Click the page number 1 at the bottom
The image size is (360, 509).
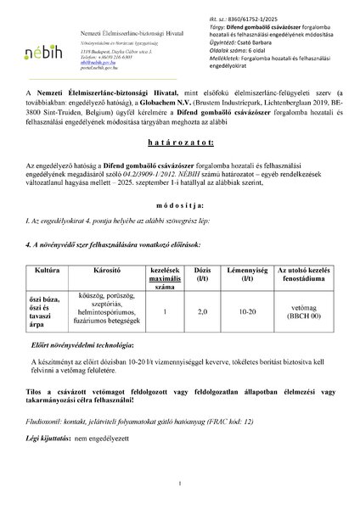pos(180,484)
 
